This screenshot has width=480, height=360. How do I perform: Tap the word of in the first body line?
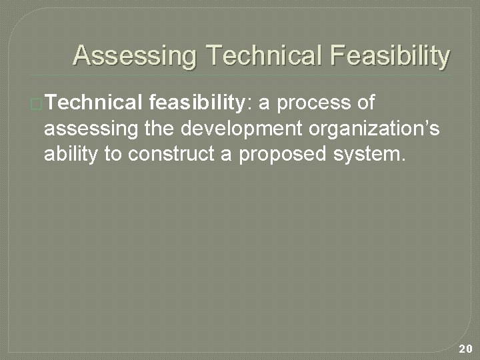[x=365, y=103]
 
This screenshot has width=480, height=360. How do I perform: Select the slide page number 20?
[x=465, y=347]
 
